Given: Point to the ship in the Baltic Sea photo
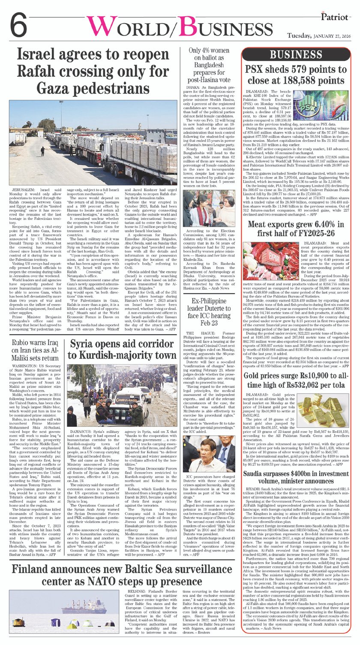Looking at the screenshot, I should point(88,606).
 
